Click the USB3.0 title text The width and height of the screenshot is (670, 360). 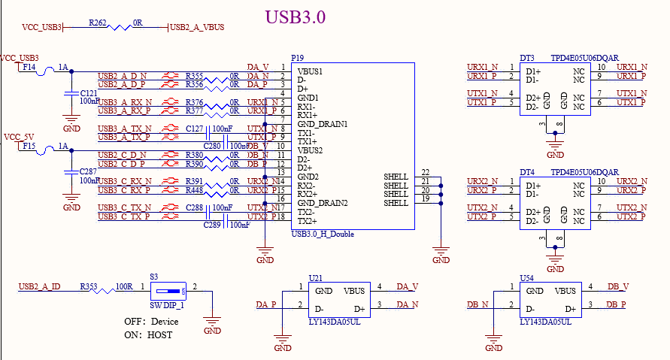pyautogui.click(x=296, y=17)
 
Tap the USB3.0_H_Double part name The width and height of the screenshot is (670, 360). pyautogui.click(x=322, y=234)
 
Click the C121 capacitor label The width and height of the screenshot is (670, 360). pyautogui.click(x=88, y=93)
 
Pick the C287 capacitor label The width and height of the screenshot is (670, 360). pyautogui.click(x=89, y=172)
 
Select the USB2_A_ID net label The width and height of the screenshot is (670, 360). pyautogui.click(x=39, y=287)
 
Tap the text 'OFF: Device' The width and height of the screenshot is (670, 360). pyautogui.click(x=151, y=322)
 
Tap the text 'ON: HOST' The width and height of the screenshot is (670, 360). pyautogui.click(x=148, y=334)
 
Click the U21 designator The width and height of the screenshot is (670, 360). pyautogui.click(x=316, y=278)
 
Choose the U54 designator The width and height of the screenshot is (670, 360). pyautogui.click(x=527, y=278)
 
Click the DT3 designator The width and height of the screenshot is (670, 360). pyautogui.click(x=526, y=59)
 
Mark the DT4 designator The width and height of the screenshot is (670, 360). pyautogui.click(x=526, y=173)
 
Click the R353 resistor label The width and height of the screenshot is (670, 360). pyautogui.click(x=89, y=286)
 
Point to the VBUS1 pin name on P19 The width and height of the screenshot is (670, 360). pyautogui.click(x=310, y=71)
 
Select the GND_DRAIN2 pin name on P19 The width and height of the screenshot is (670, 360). pyautogui.click(x=323, y=204)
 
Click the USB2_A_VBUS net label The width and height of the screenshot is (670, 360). pyautogui.click(x=198, y=28)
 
